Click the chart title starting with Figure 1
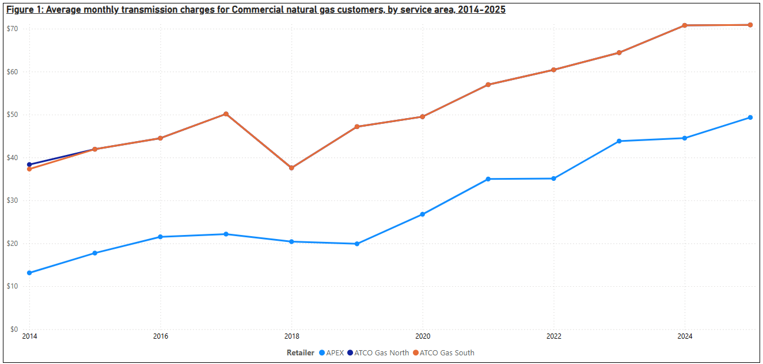coord(256,10)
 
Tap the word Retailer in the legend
coord(301,352)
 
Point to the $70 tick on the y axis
coord(12,29)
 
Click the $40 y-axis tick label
coord(12,158)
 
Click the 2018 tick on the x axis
coord(291,336)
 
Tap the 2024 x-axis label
coord(685,336)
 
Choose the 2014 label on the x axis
coord(29,336)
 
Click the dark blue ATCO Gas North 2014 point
coord(29,165)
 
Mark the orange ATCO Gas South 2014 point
coord(29,169)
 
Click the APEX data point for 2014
coord(29,273)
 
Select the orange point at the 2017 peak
coord(226,114)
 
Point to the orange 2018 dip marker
coord(291,168)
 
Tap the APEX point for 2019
coord(357,244)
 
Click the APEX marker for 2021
coord(488,179)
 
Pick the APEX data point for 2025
coord(750,117)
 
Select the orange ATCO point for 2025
coord(750,25)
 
